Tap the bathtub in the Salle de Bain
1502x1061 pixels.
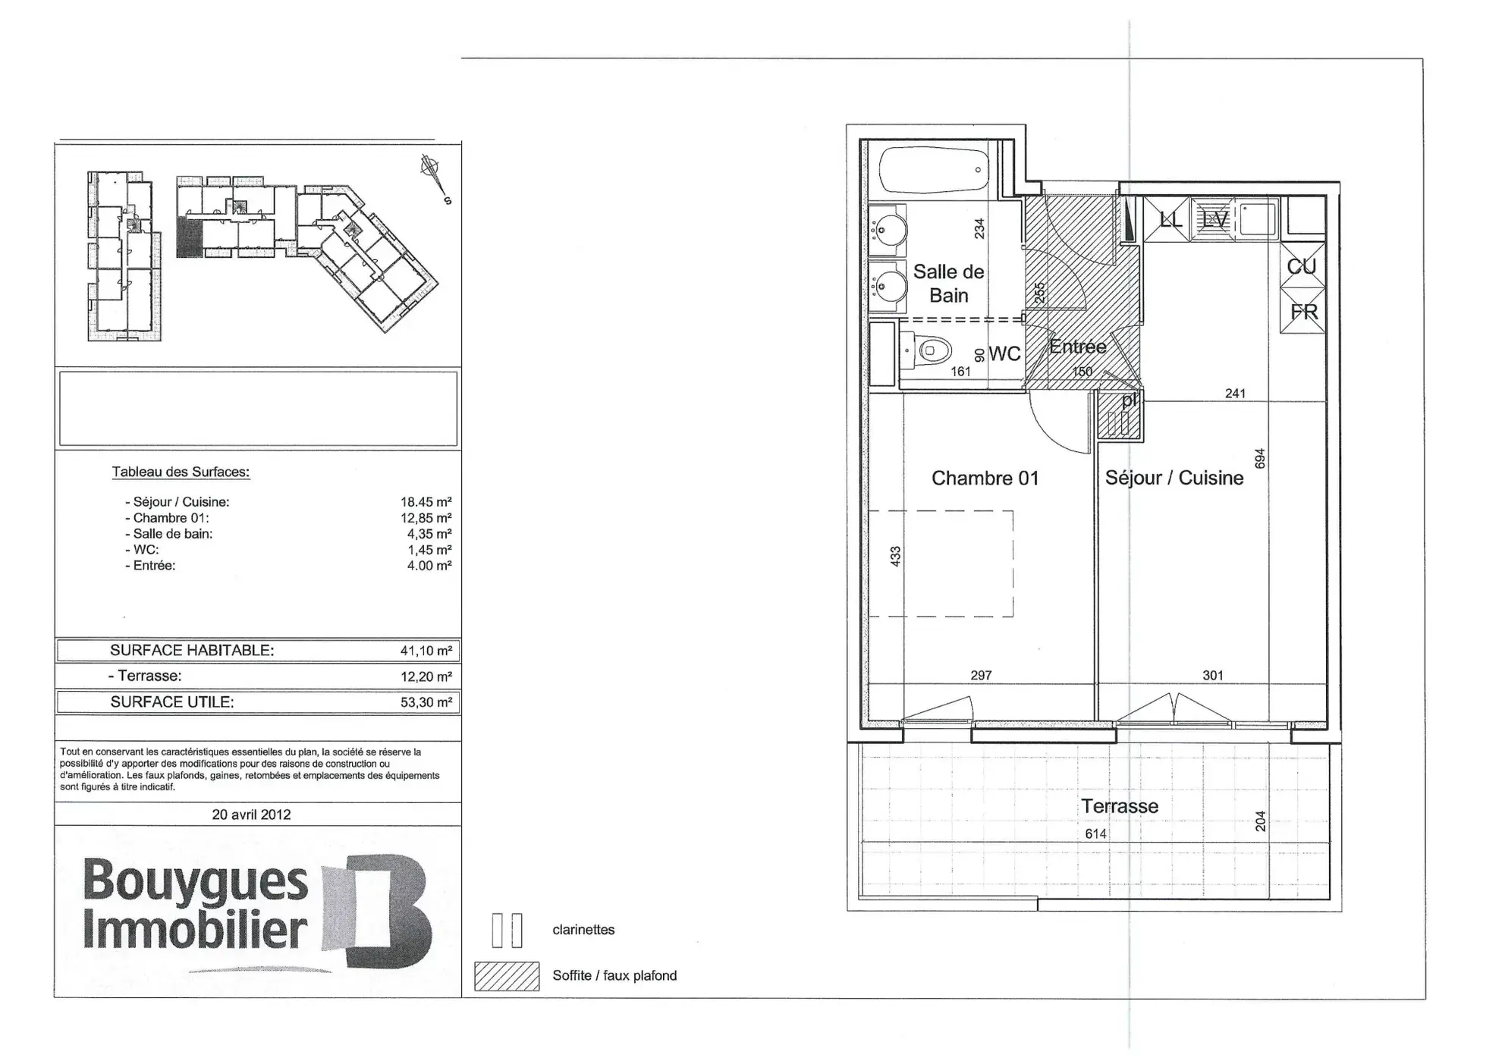(x=935, y=171)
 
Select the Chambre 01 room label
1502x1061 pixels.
(x=985, y=479)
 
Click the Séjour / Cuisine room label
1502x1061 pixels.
(x=1174, y=478)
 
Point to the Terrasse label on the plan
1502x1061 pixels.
(x=1119, y=806)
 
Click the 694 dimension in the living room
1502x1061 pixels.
(x=1260, y=459)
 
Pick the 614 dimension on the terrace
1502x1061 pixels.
(x=1095, y=834)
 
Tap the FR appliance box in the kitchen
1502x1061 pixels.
(x=1303, y=312)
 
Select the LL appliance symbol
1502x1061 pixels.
(x=1169, y=220)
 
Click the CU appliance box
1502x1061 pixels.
(x=1302, y=266)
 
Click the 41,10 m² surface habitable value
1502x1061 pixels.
(x=426, y=651)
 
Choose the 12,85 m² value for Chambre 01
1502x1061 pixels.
(x=426, y=518)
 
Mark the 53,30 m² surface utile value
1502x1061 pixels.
(x=426, y=702)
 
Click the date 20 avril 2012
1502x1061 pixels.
(x=251, y=815)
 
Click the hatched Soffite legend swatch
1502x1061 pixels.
(x=507, y=976)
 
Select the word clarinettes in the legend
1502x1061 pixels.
(x=583, y=930)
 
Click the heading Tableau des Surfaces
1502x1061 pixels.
(x=181, y=472)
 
